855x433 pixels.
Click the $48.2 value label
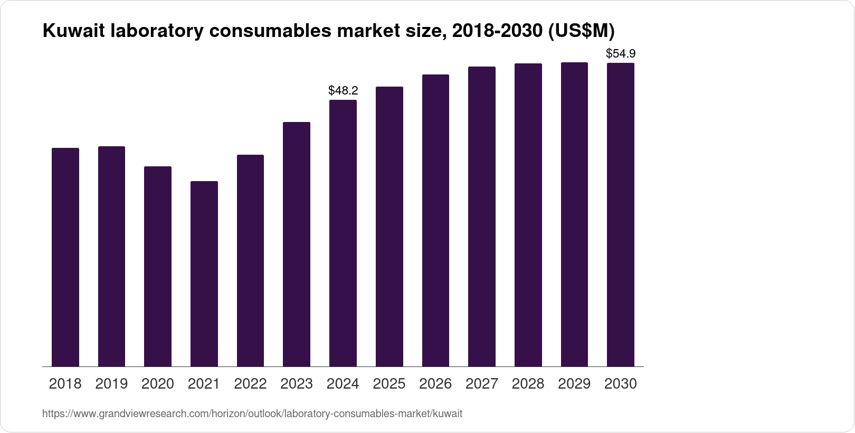pyautogui.click(x=343, y=90)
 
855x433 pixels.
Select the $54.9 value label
pyautogui.click(x=621, y=53)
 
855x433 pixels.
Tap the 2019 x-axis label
pyautogui.click(x=111, y=384)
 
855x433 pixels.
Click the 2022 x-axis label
pyautogui.click(x=250, y=384)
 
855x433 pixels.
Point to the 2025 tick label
pyautogui.click(x=389, y=384)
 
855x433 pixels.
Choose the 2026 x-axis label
pyautogui.click(x=435, y=384)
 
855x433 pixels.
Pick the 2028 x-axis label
pyautogui.click(x=528, y=384)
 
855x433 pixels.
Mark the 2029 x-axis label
pyautogui.click(x=574, y=384)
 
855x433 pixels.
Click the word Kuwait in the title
pyautogui.click(x=74, y=31)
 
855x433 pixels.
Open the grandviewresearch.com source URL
pyautogui.click(x=252, y=414)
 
